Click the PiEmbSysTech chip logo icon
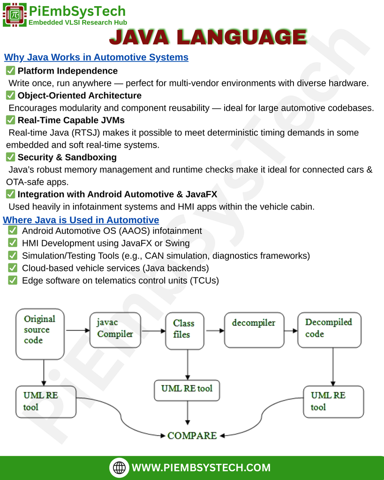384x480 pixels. coord(15,15)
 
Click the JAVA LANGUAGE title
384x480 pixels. coord(208,37)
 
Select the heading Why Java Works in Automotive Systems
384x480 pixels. coord(96,57)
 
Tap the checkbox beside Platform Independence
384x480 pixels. coord(10,71)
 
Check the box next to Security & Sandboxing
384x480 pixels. coord(10,157)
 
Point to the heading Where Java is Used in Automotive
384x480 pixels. coord(81,220)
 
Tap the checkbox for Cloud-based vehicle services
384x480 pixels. coord(13,268)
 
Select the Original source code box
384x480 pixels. coord(40,334)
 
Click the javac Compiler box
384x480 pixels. coord(115,330)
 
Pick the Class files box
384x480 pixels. coord(185,331)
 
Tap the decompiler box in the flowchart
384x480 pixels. coord(254,330)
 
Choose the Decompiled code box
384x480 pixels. coord(329,330)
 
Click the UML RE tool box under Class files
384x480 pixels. coord(187,390)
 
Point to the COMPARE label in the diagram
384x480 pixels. coord(192,435)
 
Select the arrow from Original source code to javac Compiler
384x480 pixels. coord(78,330)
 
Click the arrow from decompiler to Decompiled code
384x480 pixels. coord(291,330)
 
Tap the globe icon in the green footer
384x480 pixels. coord(119,467)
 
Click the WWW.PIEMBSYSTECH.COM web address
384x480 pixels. coord(201,467)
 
